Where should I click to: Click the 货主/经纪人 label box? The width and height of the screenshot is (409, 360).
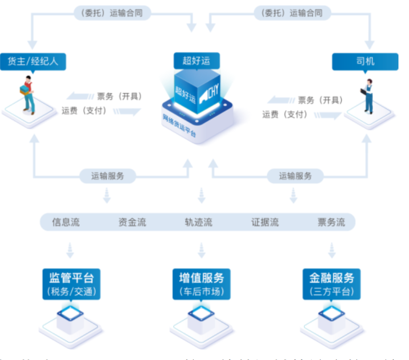point(33,61)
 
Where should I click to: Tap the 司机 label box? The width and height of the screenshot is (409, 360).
point(365,61)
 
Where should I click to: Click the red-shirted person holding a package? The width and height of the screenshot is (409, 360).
point(28,95)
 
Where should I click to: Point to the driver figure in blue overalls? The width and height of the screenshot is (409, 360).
point(368,96)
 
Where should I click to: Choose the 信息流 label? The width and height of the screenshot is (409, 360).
point(66,222)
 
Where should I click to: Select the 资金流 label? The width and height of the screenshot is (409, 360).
point(132,222)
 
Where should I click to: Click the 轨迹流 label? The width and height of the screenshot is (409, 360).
point(198,222)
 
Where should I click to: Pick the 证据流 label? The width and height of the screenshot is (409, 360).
point(265,222)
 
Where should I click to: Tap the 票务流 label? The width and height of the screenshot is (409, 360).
point(331,222)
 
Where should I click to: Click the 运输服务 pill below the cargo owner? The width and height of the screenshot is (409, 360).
point(108,176)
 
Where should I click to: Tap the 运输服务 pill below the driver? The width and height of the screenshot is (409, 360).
point(295,176)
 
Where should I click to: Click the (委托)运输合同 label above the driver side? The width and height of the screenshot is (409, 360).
point(293,13)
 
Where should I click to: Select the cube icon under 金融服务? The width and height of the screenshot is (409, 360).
point(331,318)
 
